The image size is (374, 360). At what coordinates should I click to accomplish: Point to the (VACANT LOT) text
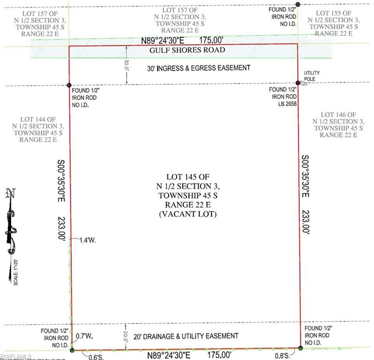pyautogui.click(x=187, y=214)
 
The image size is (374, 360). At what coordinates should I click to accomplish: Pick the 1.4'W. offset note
pyautogui.click(x=88, y=240)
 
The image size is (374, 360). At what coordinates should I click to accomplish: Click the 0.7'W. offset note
pyautogui.click(x=82, y=336)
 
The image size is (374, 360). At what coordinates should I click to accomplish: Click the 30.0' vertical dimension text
pyautogui.click(x=126, y=65)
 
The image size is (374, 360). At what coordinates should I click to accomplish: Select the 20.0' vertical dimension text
pyautogui.click(x=126, y=336)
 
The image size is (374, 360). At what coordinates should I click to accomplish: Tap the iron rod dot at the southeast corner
pyautogui.click(x=300, y=348)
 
